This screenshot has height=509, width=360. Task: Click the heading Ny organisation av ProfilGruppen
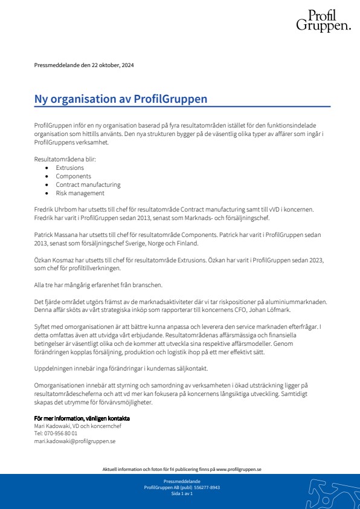[121, 99]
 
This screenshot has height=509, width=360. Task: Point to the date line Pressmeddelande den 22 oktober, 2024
[84, 65]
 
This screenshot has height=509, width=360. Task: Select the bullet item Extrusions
[70, 167]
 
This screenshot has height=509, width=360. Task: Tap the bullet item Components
[73, 176]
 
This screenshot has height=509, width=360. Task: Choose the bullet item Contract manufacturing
[88, 184]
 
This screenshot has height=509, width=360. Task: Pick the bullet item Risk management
[80, 193]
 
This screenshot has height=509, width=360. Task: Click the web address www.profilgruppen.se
[239, 469]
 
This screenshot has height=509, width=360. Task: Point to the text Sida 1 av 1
[182, 494]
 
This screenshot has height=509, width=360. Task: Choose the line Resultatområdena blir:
[65, 159]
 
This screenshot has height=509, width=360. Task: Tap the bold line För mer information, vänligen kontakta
[82, 418]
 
